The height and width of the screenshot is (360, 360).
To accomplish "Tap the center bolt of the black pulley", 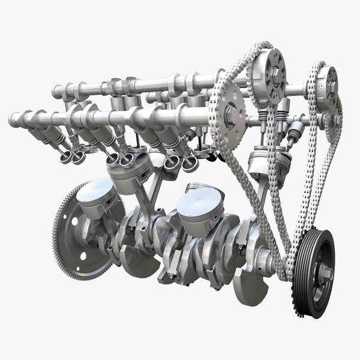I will click(325, 273).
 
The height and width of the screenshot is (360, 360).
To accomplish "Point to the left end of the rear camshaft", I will click(58, 92).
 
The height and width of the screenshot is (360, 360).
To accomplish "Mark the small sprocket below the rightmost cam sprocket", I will click(327, 120).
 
